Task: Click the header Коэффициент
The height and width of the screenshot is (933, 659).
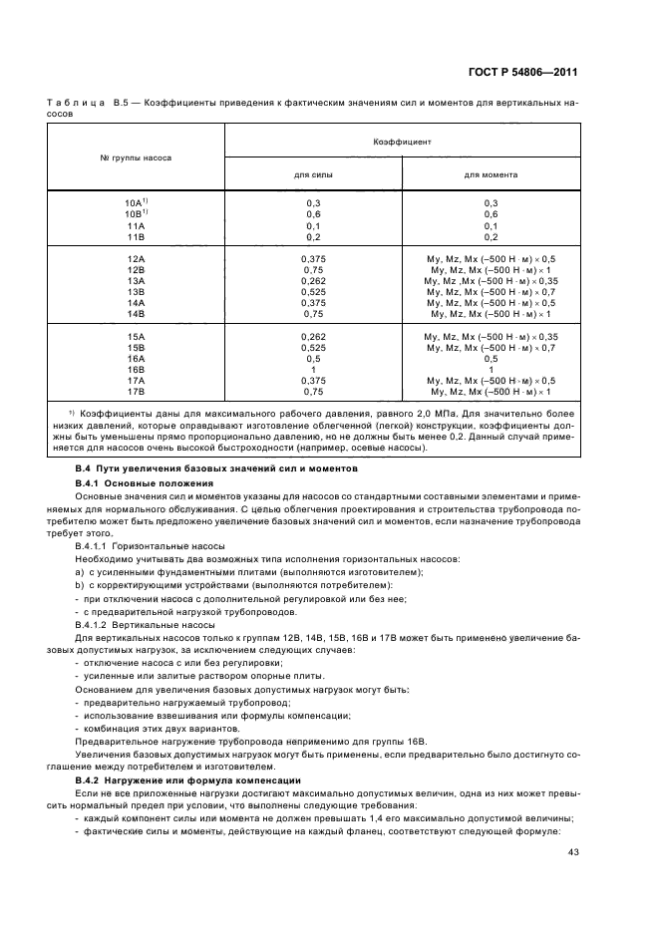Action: pos(403,142)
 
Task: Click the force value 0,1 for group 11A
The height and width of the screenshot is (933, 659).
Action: pos(313,225)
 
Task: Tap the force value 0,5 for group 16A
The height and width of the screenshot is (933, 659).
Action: pos(313,357)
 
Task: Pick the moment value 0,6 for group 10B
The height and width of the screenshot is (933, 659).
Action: pos(491,214)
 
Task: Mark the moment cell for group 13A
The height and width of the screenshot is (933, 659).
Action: pos(491,280)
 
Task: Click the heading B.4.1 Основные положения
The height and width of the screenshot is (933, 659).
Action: pos(134,482)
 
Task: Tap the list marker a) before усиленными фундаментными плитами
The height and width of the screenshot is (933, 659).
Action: pos(79,571)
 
